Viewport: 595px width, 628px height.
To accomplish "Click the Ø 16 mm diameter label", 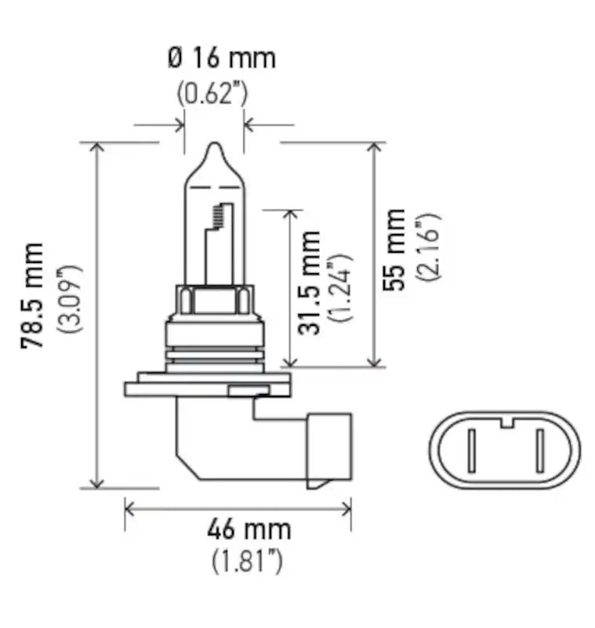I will [x=221, y=58].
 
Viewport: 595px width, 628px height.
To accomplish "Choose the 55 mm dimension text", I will [x=394, y=249].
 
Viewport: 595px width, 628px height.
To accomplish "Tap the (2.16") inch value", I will [x=430, y=249].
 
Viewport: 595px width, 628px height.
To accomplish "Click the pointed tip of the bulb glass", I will [x=213, y=146].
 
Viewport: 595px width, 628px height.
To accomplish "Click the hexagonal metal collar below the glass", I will [x=213, y=299].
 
